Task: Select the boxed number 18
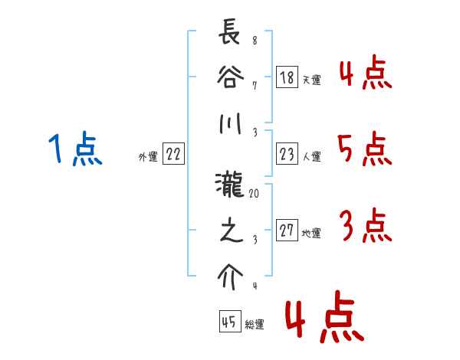click(287, 77)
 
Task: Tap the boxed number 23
click(287, 155)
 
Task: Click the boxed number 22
click(173, 155)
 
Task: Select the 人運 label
click(311, 157)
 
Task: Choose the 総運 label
click(255, 325)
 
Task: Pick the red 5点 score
click(364, 149)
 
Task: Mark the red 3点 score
click(365, 226)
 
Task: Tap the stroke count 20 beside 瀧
click(254, 195)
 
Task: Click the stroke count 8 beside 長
click(254, 41)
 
